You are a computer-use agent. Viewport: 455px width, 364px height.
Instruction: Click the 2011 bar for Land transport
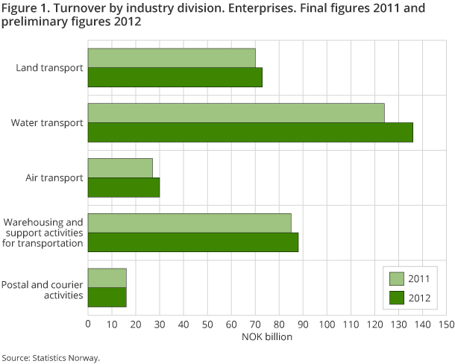172,58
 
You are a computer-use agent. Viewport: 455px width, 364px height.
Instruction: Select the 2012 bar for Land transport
175,78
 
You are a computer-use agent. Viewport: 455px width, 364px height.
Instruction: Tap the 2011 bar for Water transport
236,113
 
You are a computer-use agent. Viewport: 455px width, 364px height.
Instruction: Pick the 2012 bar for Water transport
251,132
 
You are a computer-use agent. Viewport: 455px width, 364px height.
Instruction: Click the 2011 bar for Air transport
120,168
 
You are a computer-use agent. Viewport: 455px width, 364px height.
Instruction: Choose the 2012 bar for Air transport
124,187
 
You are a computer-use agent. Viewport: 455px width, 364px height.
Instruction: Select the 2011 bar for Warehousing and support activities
189,223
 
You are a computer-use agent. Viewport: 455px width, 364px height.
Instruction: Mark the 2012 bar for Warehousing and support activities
193,242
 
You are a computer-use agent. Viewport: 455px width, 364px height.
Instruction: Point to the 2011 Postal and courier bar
107,278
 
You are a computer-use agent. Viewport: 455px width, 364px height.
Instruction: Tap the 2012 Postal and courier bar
107,298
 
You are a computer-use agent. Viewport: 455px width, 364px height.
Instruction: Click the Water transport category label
48,123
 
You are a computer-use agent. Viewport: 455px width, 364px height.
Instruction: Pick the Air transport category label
54,178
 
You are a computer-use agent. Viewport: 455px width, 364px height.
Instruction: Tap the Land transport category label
49,68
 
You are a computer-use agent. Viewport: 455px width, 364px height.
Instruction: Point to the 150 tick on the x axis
446,324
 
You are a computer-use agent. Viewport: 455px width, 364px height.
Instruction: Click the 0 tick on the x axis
88,324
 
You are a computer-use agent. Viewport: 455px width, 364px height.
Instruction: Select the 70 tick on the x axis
255,324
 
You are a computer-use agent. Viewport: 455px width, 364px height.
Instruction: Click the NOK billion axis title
267,337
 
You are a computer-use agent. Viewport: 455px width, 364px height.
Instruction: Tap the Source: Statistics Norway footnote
50,357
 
